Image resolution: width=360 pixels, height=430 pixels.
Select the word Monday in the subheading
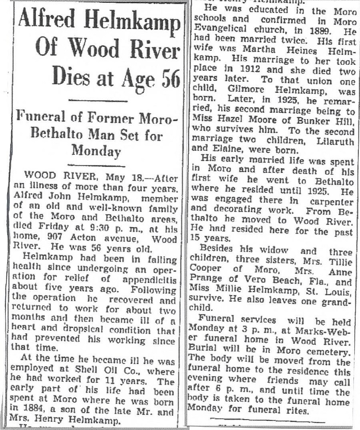[x=96, y=151]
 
